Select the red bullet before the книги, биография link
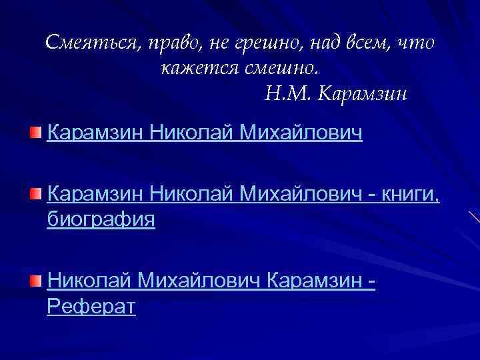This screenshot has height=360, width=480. [x=35, y=194]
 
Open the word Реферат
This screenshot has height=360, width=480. [x=91, y=307]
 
